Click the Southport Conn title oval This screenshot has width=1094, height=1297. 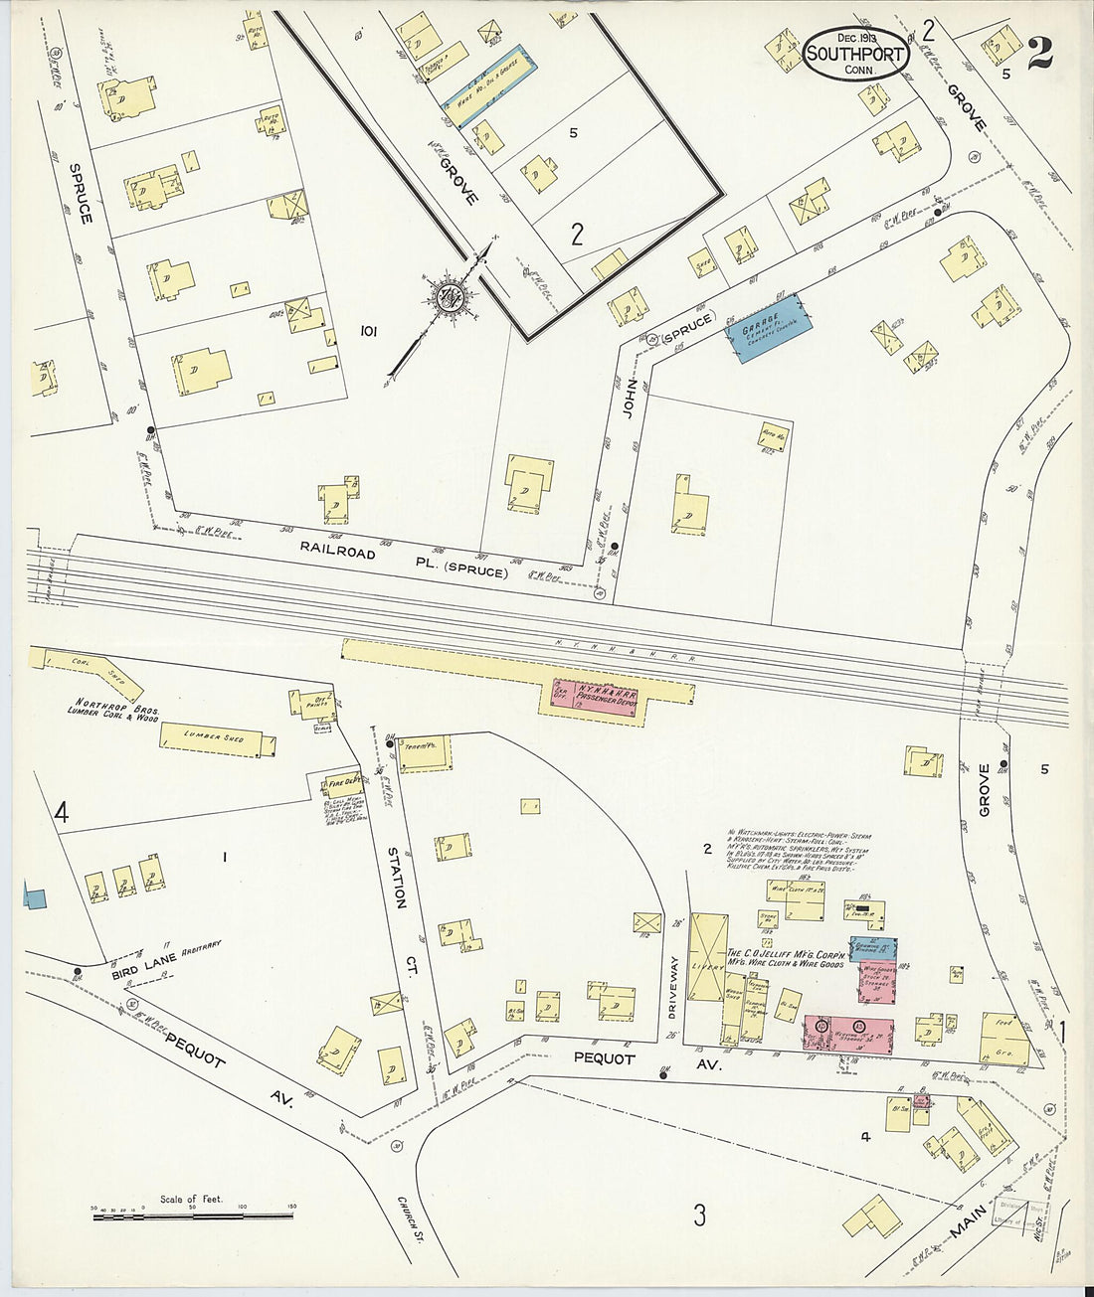855,52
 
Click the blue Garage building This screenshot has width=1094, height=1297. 774,327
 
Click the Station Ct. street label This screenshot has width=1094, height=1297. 395,876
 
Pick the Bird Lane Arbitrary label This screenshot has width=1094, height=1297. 164,963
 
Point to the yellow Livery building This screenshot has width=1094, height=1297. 709,957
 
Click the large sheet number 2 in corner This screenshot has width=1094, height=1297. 1039,52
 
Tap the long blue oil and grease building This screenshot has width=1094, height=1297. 491,77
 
